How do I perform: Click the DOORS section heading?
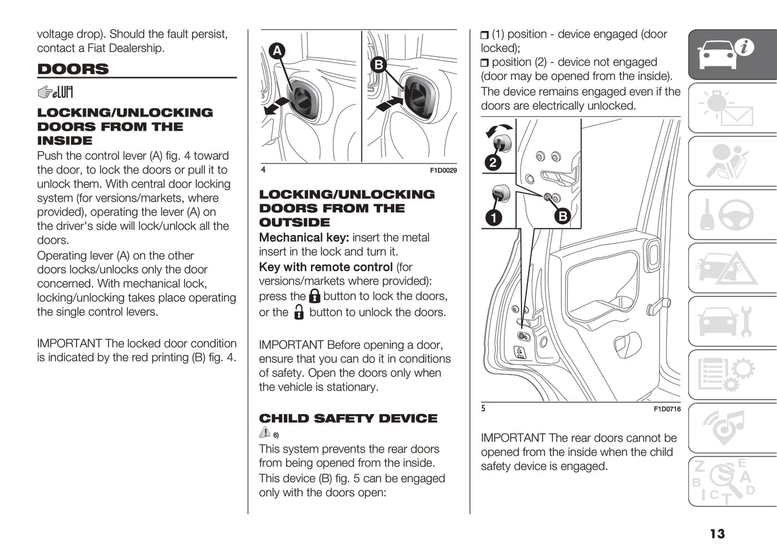pos(73,69)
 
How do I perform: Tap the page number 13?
pos(717,533)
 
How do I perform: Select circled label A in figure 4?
pos(277,51)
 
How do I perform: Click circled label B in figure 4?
pos(379,65)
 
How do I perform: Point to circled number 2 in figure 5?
pos(493,162)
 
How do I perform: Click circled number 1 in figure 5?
pos(493,217)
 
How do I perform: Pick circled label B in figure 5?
pos(562,216)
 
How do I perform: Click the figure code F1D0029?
pos(443,170)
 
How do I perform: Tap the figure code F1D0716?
pos(667,409)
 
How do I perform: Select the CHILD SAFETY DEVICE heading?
pos(348,418)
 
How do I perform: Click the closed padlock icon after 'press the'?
pos(315,296)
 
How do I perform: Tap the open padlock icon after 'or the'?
pos(299,312)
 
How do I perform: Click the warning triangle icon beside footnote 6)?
pos(265,432)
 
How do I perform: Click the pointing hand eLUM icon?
pos(55,92)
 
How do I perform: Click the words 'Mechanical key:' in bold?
pos(304,238)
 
